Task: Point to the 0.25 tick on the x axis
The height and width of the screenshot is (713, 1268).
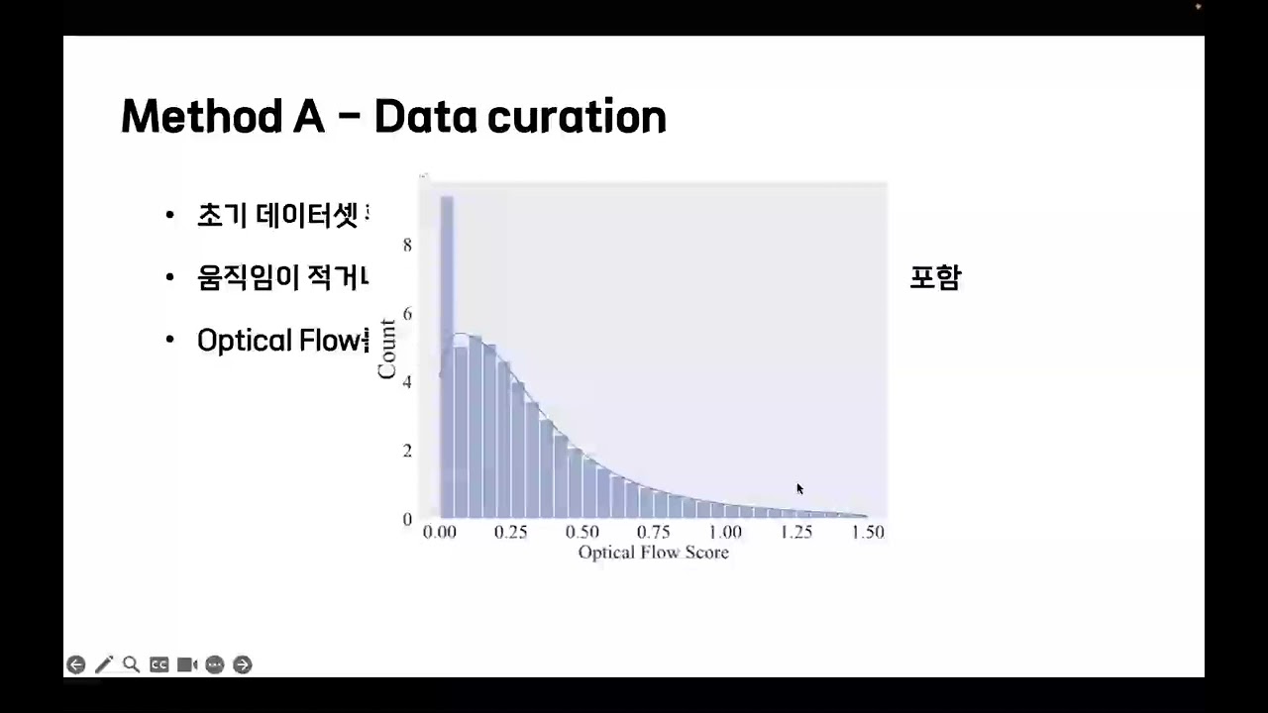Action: click(x=511, y=532)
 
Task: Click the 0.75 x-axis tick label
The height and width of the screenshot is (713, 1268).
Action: click(x=654, y=532)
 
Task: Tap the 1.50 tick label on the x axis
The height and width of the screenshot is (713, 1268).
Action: click(x=868, y=532)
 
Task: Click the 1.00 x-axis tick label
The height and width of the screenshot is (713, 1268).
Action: click(x=725, y=532)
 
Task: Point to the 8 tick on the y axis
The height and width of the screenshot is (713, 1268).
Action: click(x=407, y=245)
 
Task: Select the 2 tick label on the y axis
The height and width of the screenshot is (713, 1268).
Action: click(x=407, y=451)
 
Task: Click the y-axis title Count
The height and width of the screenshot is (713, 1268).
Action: click(x=386, y=349)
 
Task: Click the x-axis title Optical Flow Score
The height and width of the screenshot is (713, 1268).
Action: click(x=654, y=553)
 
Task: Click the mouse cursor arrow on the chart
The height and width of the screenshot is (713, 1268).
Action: click(x=799, y=488)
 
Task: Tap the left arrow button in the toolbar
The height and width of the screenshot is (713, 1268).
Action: click(x=76, y=664)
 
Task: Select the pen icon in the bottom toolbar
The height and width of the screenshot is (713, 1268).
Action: click(x=103, y=664)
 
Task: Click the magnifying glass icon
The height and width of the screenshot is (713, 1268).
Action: click(x=131, y=664)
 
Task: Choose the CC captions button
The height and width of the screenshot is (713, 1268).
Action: click(x=158, y=664)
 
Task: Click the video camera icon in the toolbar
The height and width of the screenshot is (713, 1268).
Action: click(x=187, y=664)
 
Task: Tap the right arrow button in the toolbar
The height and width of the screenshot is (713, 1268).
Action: click(x=243, y=664)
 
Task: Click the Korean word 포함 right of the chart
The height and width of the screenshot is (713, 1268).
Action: click(x=935, y=278)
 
